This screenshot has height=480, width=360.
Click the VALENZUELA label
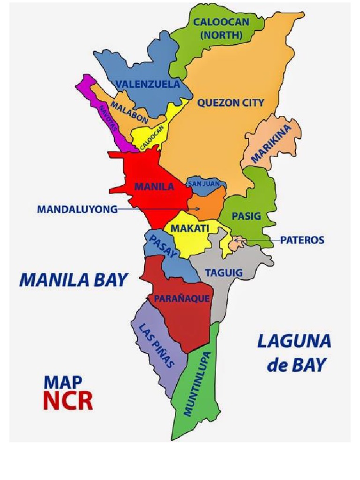[x=148, y=84]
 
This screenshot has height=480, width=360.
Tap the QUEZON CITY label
[x=231, y=103]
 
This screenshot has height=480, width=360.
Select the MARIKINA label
[x=271, y=144]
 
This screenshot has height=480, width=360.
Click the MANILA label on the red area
[x=154, y=187]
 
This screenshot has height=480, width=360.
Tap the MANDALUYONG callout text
[x=77, y=210]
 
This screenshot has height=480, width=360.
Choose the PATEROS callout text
[x=302, y=240]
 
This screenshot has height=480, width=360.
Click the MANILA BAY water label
[x=73, y=280]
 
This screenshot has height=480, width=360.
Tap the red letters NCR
[x=68, y=400]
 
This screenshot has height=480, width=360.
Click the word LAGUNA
[x=294, y=341]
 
